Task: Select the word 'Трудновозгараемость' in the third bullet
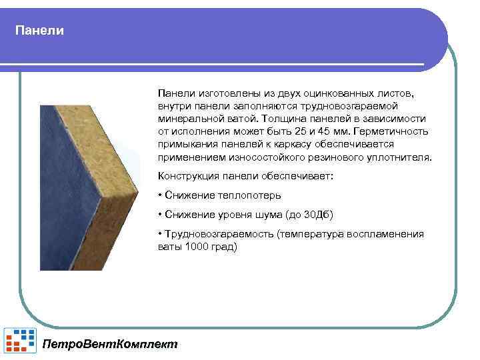click(219, 234)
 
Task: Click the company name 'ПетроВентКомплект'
click(110, 345)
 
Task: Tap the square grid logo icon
click(21, 340)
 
